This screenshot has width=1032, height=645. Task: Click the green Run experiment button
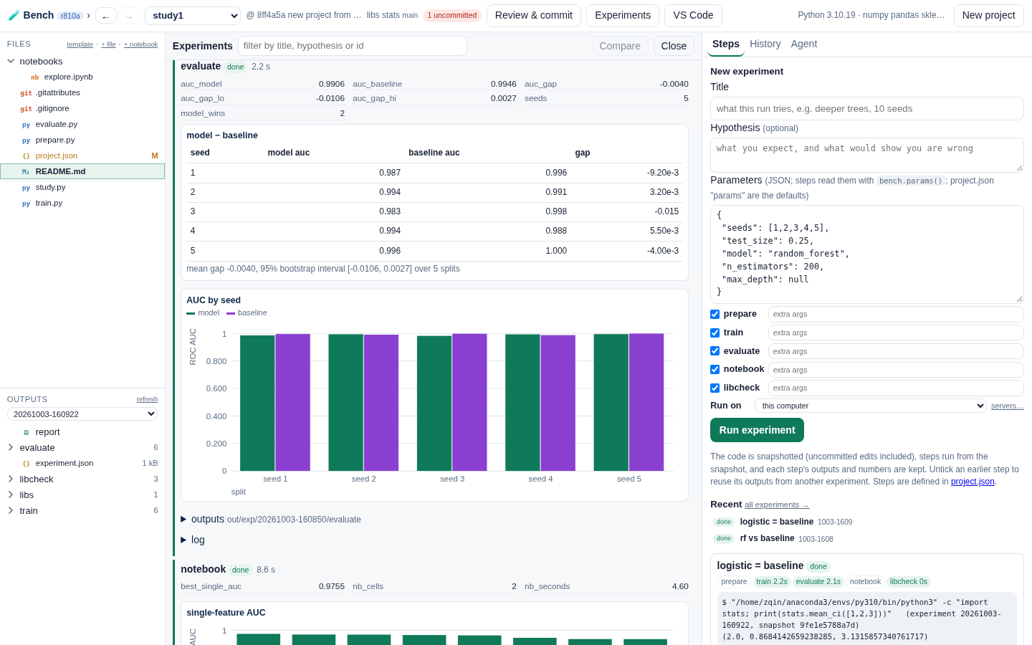click(x=757, y=430)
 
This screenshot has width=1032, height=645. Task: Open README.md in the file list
click(x=60, y=171)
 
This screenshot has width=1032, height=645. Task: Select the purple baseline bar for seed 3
click(x=469, y=402)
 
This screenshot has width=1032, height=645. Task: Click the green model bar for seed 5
click(x=611, y=403)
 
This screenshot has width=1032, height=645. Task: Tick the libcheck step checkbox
click(x=715, y=388)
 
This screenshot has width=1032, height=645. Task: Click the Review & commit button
click(x=533, y=15)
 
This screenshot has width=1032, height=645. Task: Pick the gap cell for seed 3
click(x=666, y=211)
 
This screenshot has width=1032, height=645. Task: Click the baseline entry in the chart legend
click(x=247, y=312)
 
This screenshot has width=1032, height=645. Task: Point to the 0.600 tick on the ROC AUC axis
click(x=216, y=388)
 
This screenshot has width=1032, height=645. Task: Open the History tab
click(x=765, y=44)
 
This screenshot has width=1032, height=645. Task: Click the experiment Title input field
click(x=866, y=109)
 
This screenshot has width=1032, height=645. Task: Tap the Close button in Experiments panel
click(x=674, y=46)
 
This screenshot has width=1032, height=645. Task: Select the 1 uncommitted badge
click(x=452, y=15)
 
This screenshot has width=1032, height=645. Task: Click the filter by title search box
click(x=353, y=46)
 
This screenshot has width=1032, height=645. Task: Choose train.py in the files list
click(x=49, y=204)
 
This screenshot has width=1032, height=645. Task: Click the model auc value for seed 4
click(x=390, y=231)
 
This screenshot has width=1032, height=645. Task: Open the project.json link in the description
click(x=972, y=482)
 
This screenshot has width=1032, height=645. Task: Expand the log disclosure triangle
click(x=183, y=540)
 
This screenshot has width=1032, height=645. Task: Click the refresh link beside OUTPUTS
click(x=147, y=399)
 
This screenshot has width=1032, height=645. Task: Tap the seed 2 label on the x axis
click(x=363, y=479)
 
